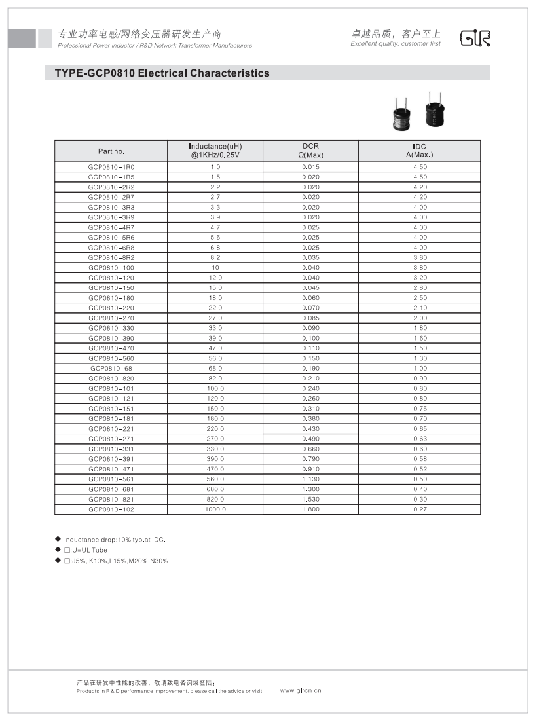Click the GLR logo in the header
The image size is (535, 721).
click(475, 39)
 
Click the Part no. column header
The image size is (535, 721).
click(111, 151)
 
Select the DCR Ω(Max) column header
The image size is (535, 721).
click(310, 151)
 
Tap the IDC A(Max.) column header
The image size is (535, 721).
click(420, 151)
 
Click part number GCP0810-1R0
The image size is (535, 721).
click(111, 167)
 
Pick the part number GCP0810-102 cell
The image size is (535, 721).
click(111, 509)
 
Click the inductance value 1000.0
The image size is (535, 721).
click(215, 509)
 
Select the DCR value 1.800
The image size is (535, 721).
click(310, 509)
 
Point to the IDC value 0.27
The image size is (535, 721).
click(420, 509)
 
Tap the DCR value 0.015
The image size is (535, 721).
click(310, 167)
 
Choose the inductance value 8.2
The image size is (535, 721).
click(215, 257)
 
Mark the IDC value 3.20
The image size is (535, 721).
click(420, 278)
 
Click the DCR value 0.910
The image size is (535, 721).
click(310, 469)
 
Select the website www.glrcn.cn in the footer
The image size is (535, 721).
click(301, 690)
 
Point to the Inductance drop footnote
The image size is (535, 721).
click(115, 540)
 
